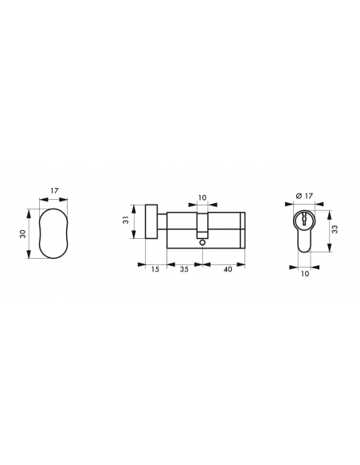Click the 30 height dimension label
(23, 233)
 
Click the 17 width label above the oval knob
(55, 190)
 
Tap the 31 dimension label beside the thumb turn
(126, 220)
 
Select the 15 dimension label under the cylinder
(155, 269)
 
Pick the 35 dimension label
(184, 269)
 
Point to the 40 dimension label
(228, 269)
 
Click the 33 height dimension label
(335, 229)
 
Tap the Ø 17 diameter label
(304, 196)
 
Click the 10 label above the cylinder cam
(202, 197)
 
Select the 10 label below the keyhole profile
(305, 273)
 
